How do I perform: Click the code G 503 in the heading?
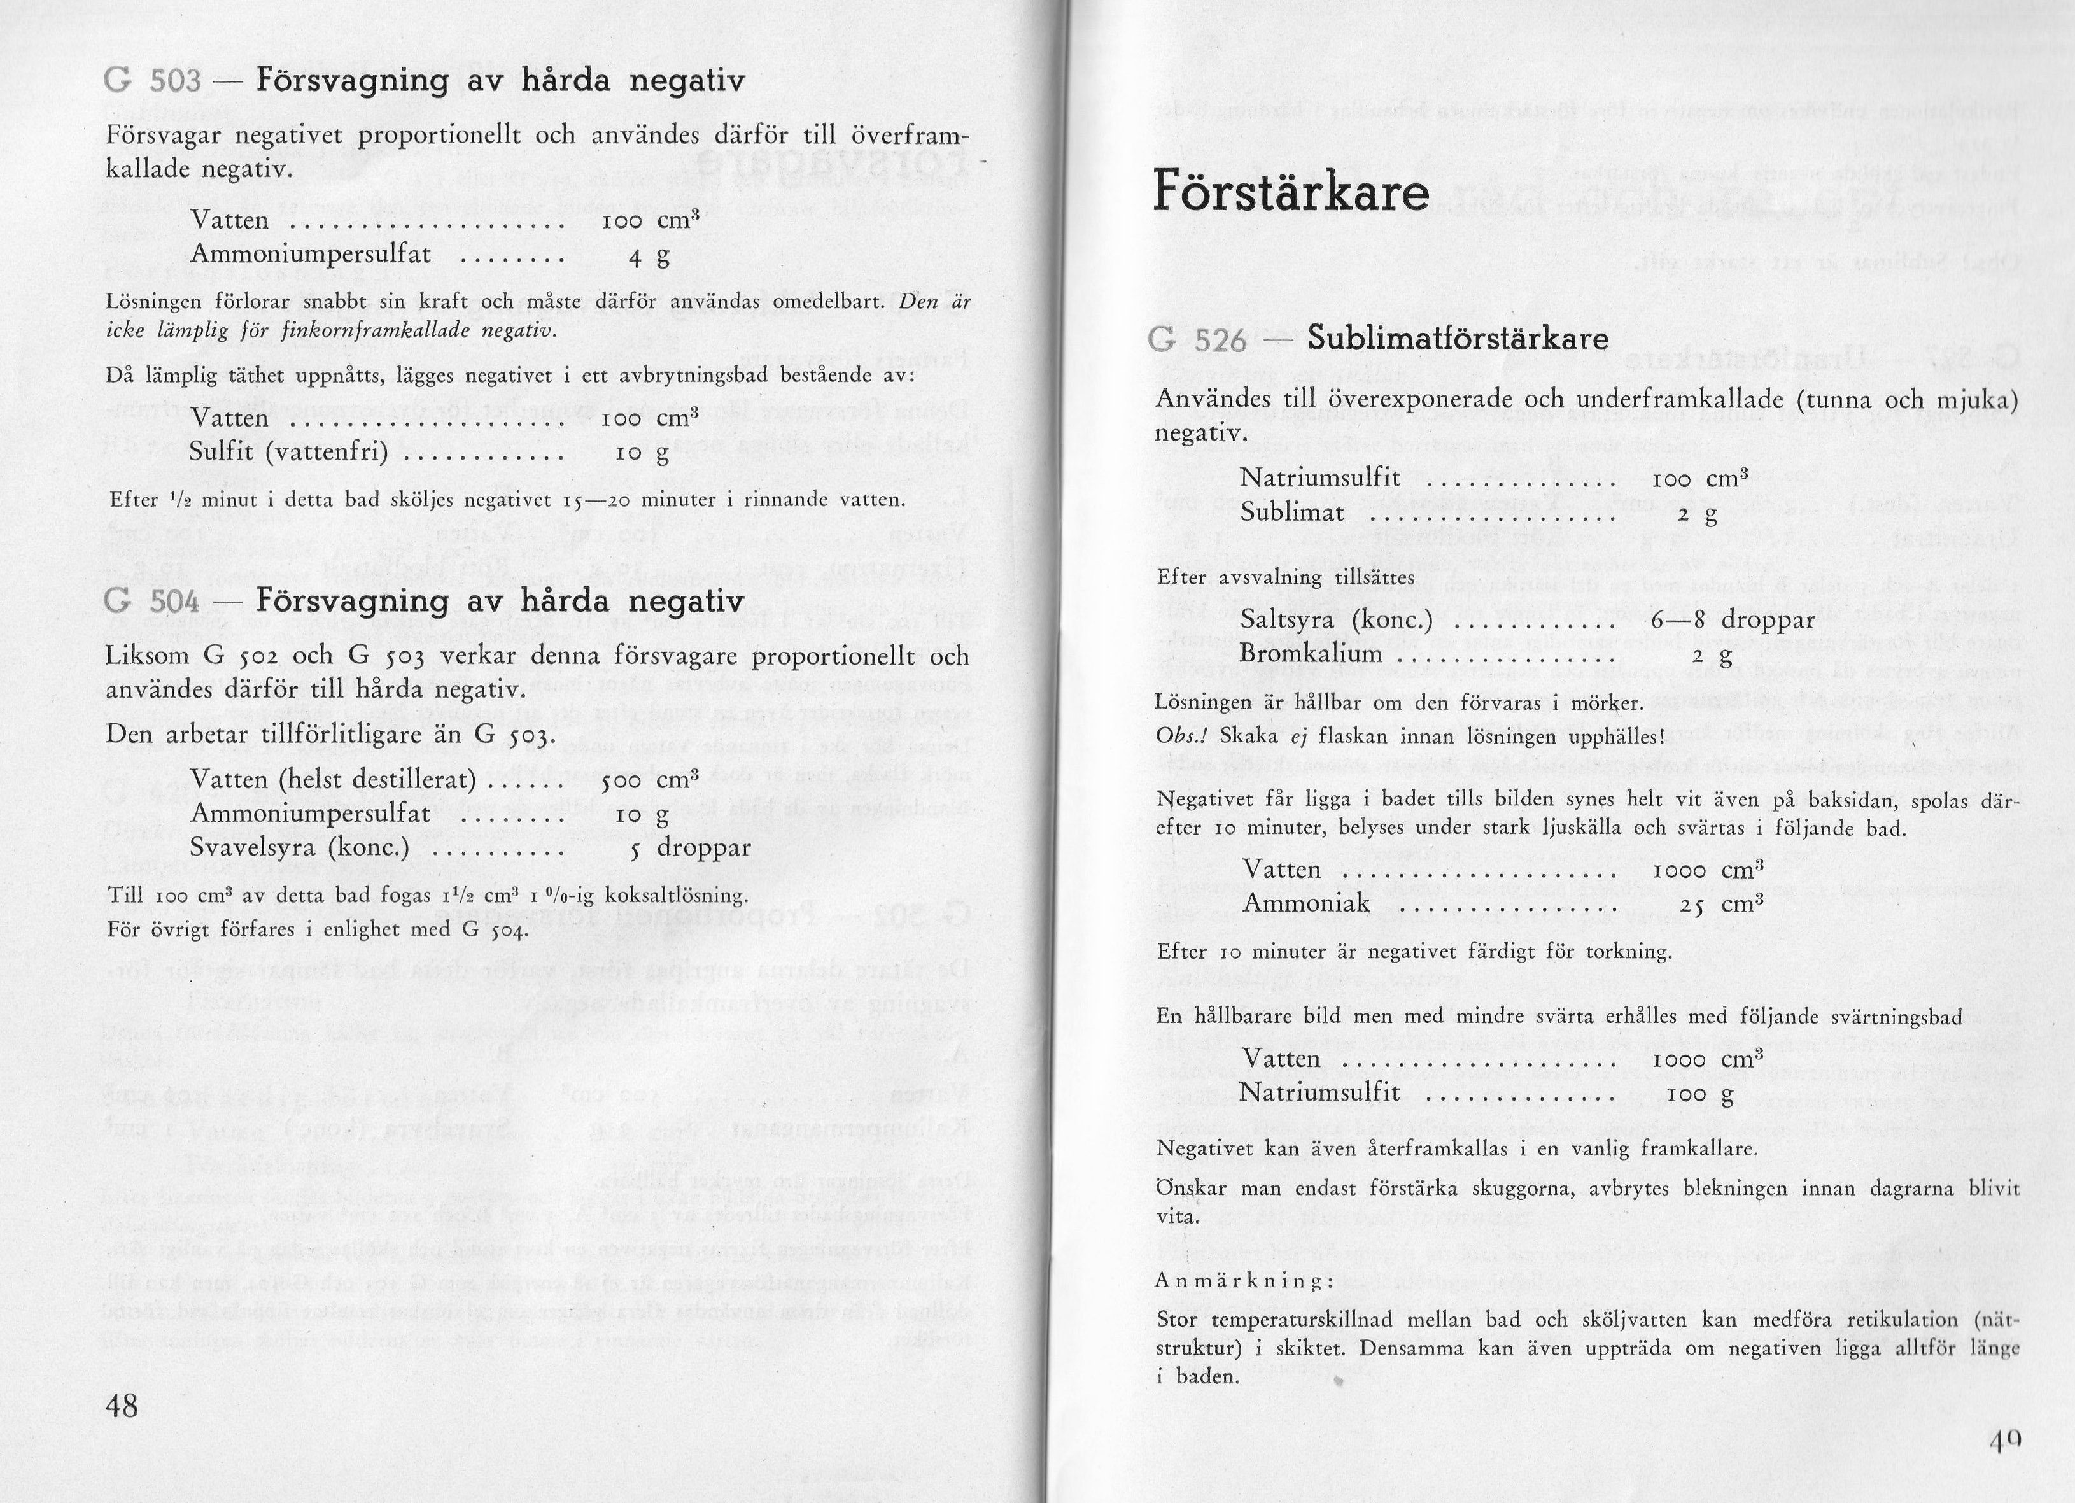153,81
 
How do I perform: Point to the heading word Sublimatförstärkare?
1458,339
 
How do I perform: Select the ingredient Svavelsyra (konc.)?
299,848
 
